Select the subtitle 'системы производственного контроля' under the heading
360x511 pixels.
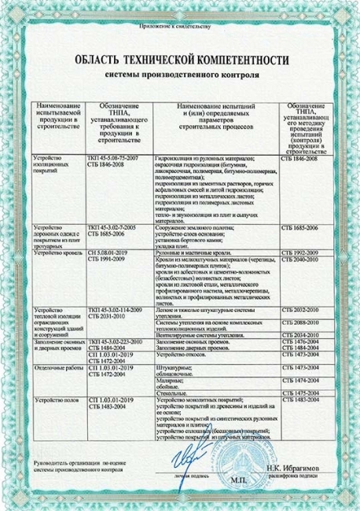tap(180, 76)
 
